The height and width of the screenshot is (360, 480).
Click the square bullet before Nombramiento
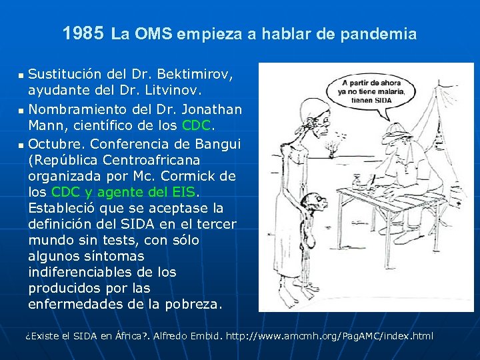(x=21, y=109)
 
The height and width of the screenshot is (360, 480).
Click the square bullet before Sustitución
(x=21, y=73)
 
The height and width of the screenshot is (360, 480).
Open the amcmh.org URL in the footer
(x=329, y=336)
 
